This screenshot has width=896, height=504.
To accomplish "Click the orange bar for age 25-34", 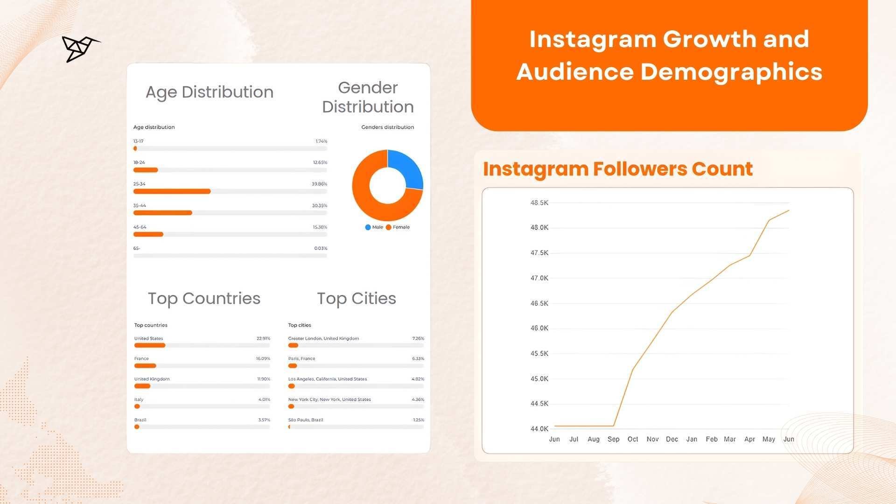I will click(172, 191).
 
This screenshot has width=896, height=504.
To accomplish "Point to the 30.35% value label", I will click(319, 205).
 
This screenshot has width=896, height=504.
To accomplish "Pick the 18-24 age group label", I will click(139, 162).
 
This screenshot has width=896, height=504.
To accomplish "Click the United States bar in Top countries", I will click(150, 345).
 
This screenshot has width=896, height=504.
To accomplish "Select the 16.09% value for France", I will click(263, 359).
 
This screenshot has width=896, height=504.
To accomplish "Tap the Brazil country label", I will click(140, 420).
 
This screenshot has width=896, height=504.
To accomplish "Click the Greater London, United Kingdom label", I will click(323, 338).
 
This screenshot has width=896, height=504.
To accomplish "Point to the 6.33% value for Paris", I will click(418, 359).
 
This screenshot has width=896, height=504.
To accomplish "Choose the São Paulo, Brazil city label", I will click(306, 420).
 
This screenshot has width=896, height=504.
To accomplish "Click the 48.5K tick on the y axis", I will click(539, 203).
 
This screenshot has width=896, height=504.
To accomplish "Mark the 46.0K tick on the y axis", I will click(539, 328).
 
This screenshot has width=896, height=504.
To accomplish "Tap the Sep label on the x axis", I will click(613, 439).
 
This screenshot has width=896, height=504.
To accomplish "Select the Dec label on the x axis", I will click(672, 439).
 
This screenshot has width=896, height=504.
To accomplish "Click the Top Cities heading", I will click(357, 298).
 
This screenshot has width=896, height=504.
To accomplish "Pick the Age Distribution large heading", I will click(210, 92).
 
